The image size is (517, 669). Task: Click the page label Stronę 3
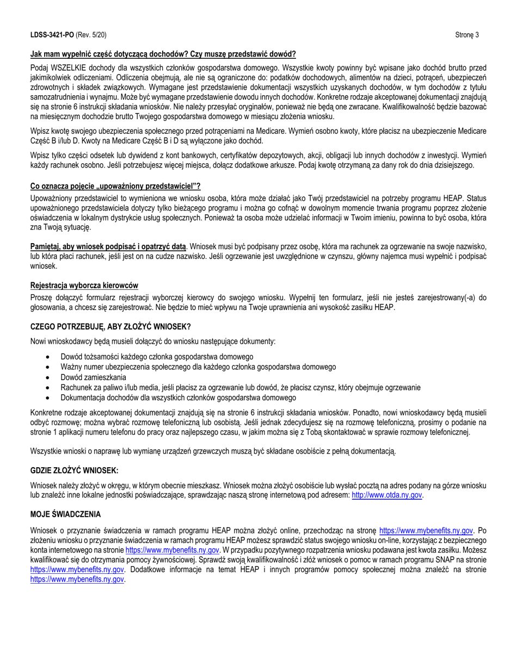(466, 35)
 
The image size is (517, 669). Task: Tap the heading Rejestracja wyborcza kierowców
(84, 285)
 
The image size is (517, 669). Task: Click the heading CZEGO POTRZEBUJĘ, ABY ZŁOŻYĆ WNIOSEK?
(110, 326)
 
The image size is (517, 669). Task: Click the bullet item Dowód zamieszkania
(93, 377)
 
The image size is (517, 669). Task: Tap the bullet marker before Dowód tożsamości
(50, 357)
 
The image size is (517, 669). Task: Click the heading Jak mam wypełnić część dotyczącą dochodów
(163, 54)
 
